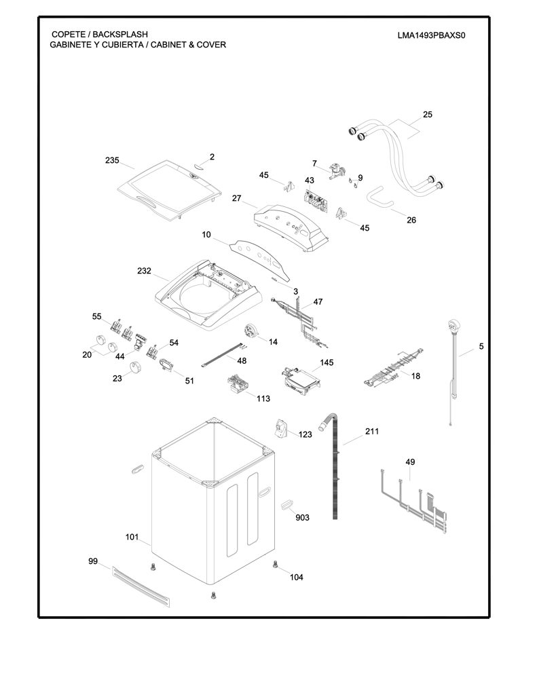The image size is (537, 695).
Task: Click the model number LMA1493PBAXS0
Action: coord(431,35)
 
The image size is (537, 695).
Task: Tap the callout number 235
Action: coord(112,160)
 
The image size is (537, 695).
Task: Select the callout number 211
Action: coord(372,431)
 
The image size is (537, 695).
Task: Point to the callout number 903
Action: coord(302,518)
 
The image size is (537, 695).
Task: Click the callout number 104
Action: coord(297,577)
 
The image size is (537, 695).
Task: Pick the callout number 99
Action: coord(93,561)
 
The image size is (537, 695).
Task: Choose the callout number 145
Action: coord(327,362)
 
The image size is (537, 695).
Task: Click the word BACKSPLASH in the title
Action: coord(120,34)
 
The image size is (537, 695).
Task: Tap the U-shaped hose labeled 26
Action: coord(379,199)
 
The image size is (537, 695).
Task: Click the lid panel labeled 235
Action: coord(170,190)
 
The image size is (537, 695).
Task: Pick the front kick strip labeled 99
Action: coord(141,586)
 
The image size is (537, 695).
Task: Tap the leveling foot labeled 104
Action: coord(275,564)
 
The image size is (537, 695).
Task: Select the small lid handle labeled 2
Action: coord(198,166)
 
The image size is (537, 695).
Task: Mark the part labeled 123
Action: coord(280,429)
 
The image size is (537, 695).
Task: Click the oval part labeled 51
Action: coord(166,364)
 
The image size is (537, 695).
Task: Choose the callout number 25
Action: coord(428,115)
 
